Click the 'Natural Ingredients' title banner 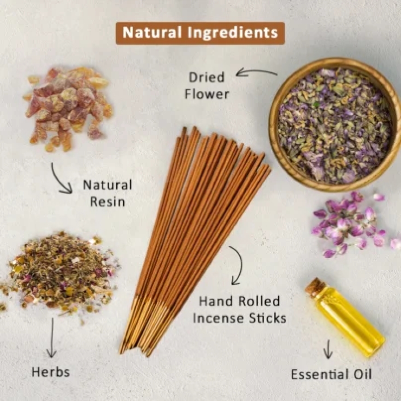[x=200, y=33]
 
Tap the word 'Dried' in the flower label [x=206, y=78]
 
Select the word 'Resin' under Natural [x=107, y=201]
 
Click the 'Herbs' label [x=51, y=372]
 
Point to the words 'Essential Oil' [x=331, y=374]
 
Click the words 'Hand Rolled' [x=239, y=301]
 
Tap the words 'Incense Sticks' [x=239, y=318]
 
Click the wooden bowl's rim [x=275, y=152]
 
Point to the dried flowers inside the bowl [x=334, y=124]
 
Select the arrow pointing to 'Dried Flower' [x=256, y=71]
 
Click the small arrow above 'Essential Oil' [x=328, y=349]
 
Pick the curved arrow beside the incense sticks [x=237, y=265]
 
